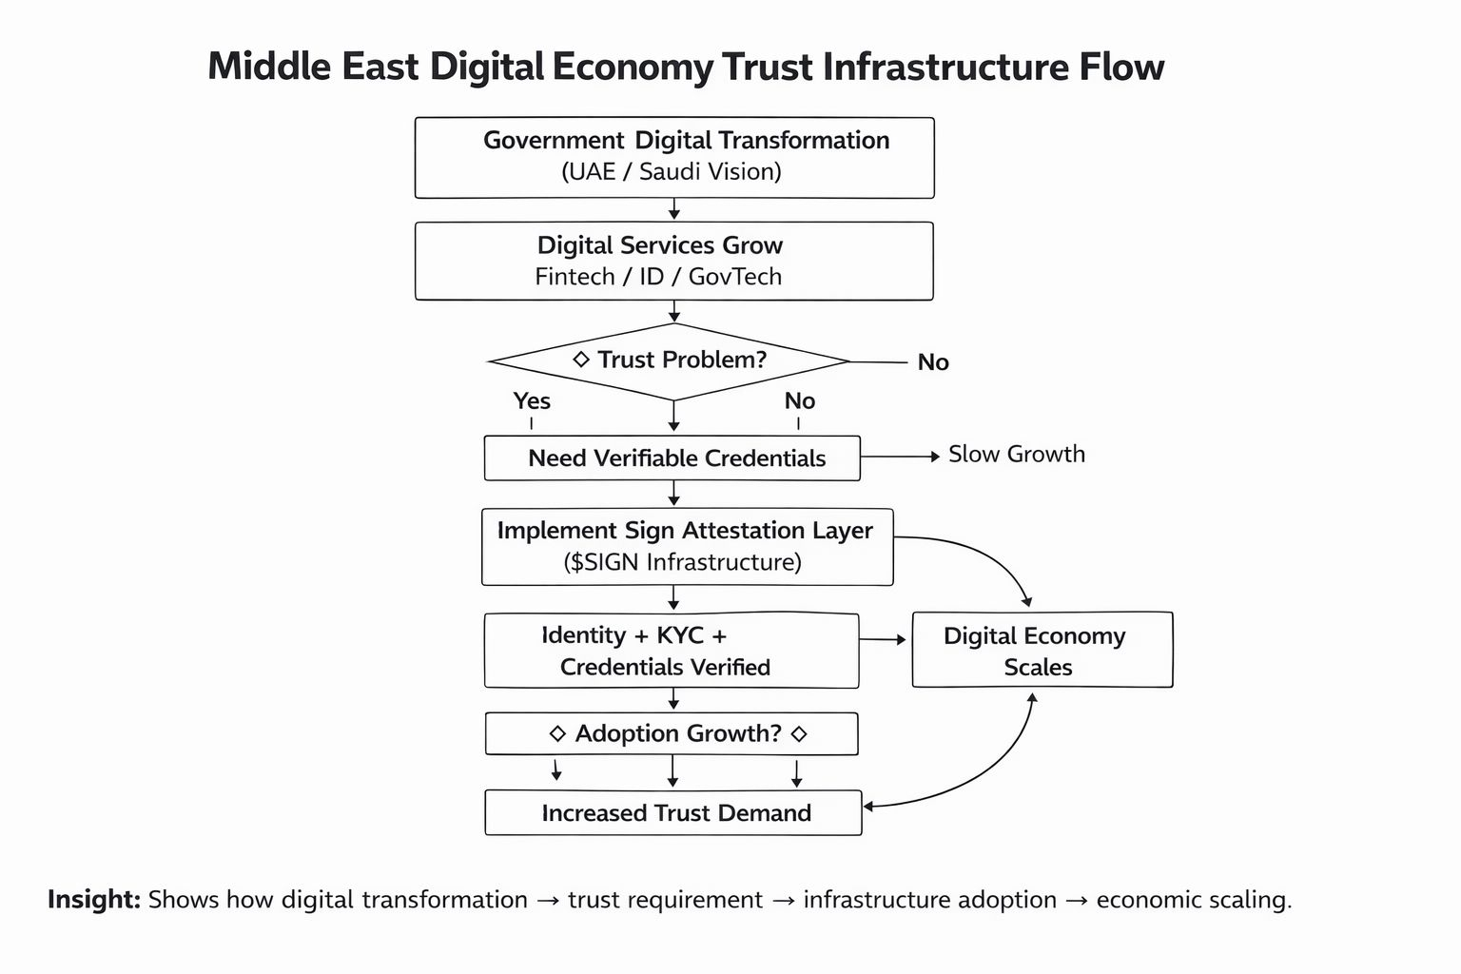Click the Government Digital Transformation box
click(673, 157)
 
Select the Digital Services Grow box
click(673, 261)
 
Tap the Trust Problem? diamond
click(670, 361)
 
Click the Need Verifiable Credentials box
click(672, 458)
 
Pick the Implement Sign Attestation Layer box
click(687, 546)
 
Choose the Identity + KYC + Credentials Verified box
click(671, 651)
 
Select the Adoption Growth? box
click(672, 733)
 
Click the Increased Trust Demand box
click(672, 813)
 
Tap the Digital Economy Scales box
click(1042, 651)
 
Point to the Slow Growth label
click(1016, 455)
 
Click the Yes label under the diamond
click(532, 400)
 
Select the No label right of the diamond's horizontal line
click(933, 362)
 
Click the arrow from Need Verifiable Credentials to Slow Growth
click(900, 458)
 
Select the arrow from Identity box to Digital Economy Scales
click(884, 640)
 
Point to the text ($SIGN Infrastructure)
click(683, 562)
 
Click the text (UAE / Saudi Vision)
click(672, 172)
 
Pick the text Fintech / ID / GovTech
click(658, 277)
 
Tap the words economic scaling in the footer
click(1193, 900)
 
